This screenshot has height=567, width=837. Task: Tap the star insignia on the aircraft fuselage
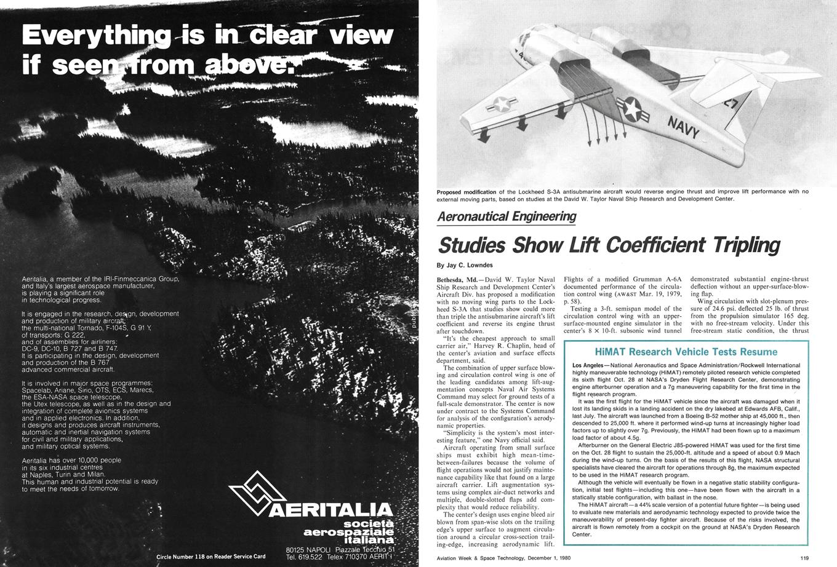tap(631, 110)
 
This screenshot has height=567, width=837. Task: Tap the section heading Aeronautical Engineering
tap(507, 216)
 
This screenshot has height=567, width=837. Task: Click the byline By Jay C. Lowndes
tap(465, 265)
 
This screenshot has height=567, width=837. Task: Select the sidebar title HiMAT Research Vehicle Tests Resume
tap(686, 352)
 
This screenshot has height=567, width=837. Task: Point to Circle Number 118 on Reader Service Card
tap(210, 557)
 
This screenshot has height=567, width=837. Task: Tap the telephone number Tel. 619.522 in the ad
tap(304, 557)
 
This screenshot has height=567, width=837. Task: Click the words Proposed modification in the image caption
tap(467, 192)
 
